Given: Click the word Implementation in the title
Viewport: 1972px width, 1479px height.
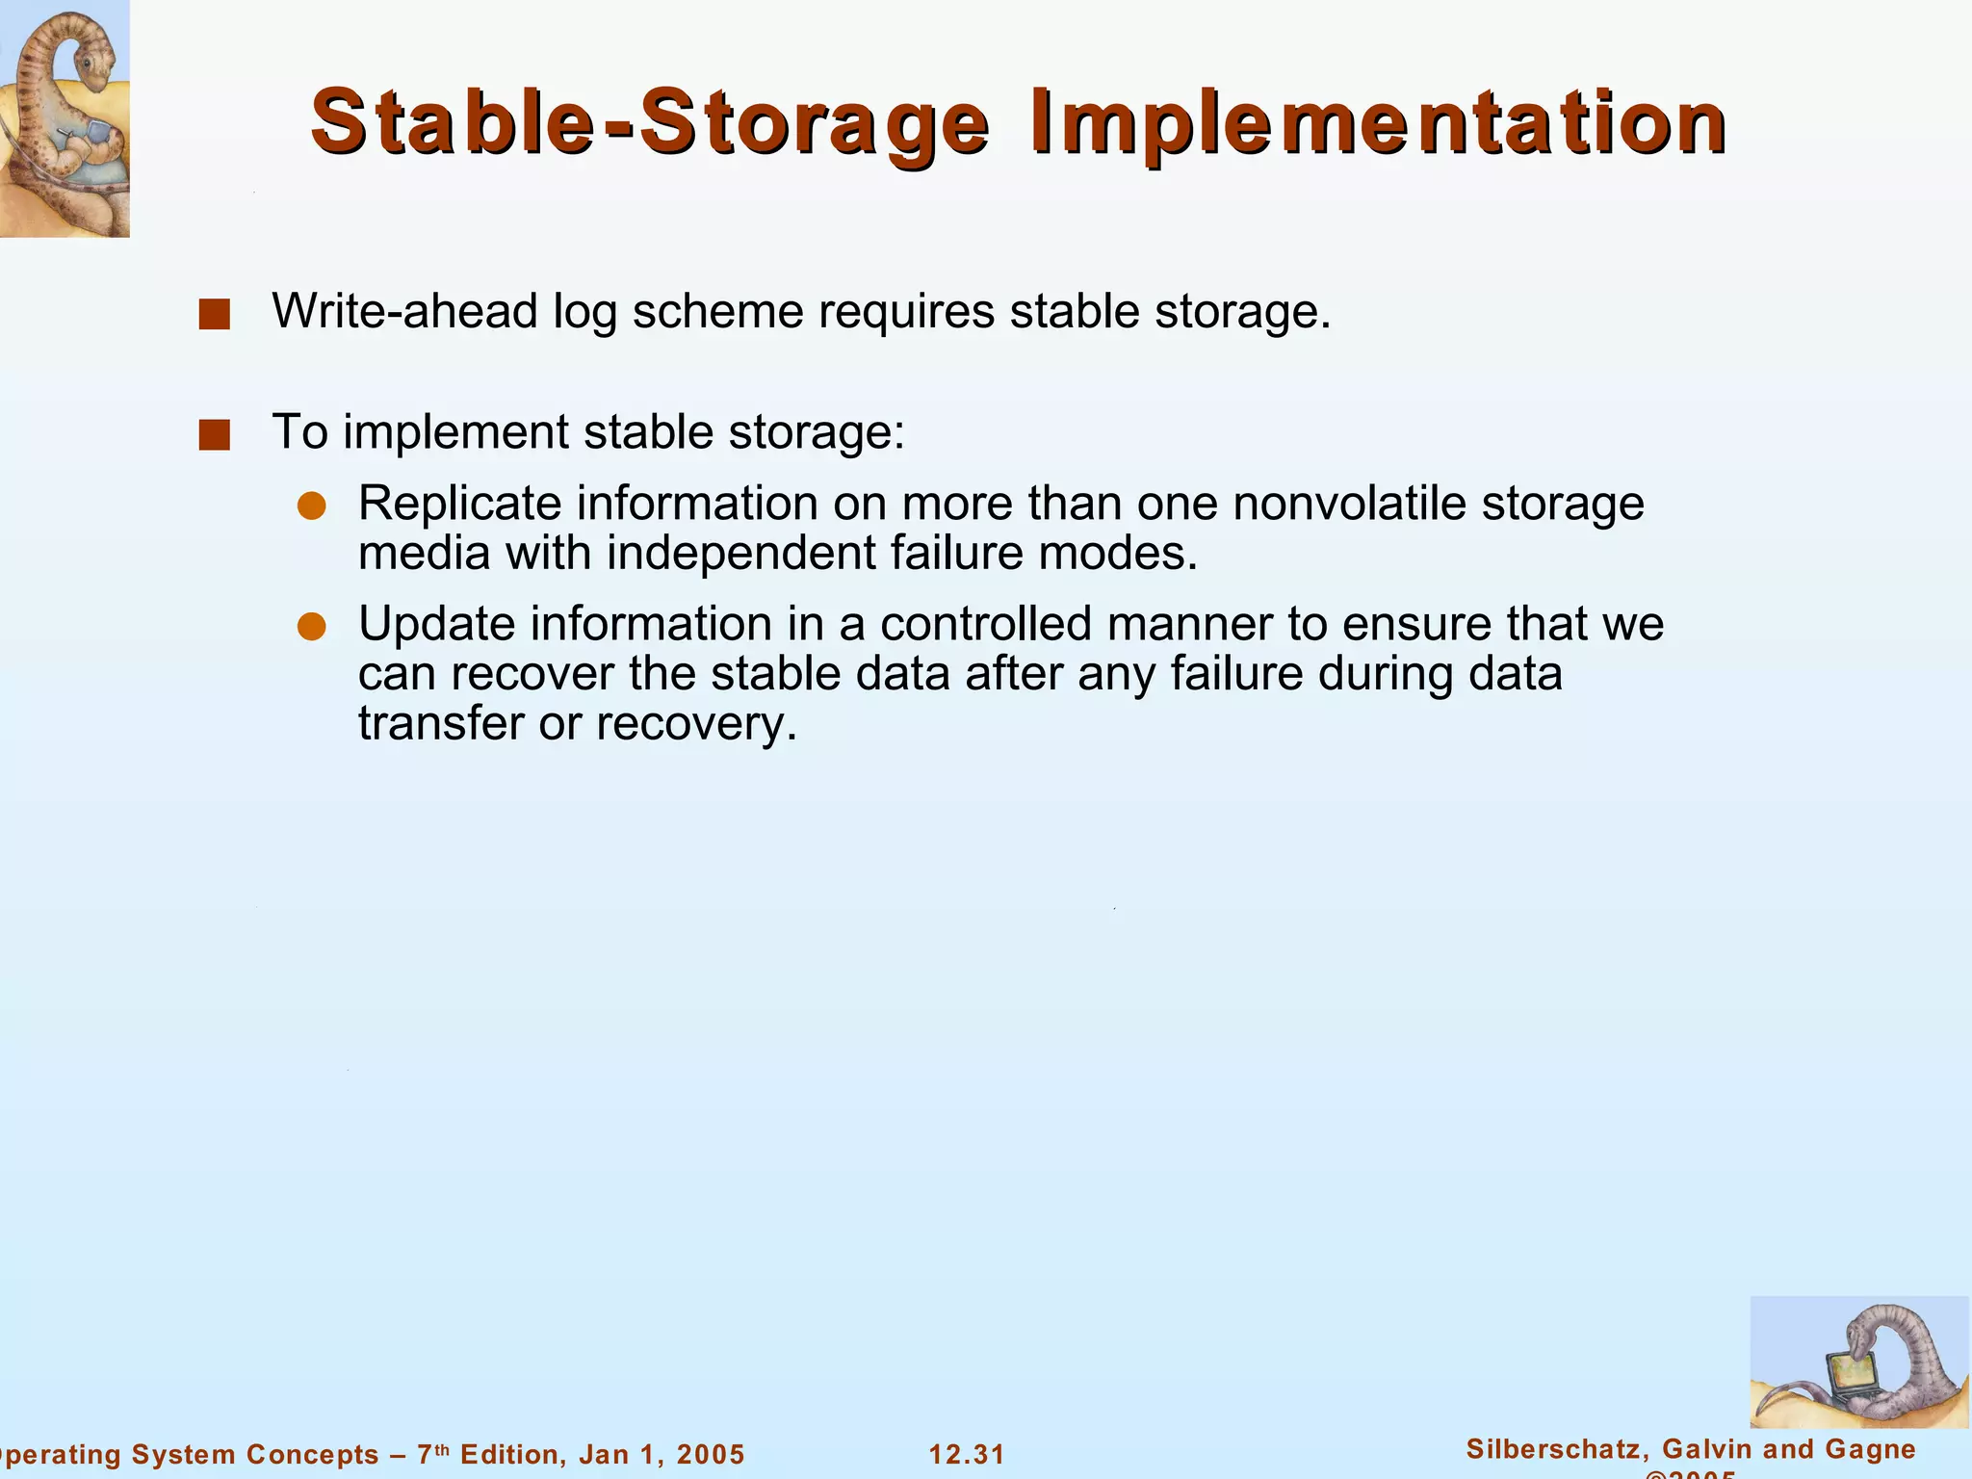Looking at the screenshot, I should [1378, 123].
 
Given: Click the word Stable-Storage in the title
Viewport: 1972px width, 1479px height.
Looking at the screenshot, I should [650, 123].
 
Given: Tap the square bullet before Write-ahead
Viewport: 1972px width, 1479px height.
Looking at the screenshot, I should [214, 315].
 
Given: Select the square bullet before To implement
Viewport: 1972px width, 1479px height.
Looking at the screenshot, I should [214, 435].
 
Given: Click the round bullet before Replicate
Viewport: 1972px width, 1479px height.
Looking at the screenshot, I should [312, 506].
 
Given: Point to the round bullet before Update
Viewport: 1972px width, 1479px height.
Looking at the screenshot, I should [312, 628].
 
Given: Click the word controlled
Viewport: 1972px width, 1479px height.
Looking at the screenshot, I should [985, 624].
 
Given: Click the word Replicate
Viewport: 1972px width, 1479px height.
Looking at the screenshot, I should [459, 505].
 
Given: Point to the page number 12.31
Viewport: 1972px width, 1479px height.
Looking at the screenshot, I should [967, 1454].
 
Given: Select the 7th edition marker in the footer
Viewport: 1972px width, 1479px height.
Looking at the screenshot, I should [433, 1453].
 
